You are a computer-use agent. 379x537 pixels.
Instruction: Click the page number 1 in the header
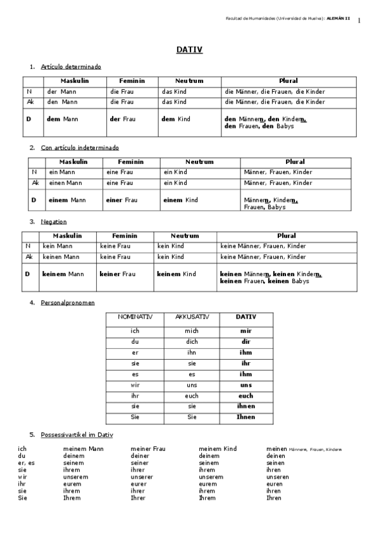(x=359, y=21)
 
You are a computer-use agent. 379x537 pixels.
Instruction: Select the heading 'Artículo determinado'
(x=70, y=66)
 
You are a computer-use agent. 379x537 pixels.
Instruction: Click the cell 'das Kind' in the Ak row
(x=174, y=102)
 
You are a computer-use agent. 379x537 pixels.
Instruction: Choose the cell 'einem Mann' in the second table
(x=67, y=200)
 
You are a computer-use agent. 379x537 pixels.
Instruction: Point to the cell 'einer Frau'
(x=121, y=200)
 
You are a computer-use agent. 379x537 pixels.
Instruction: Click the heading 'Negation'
(x=53, y=222)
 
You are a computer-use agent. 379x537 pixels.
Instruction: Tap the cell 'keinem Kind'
(x=177, y=274)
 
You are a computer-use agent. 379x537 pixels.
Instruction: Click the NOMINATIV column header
(x=134, y=317)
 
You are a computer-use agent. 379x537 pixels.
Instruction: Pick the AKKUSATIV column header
(x=191, y=317)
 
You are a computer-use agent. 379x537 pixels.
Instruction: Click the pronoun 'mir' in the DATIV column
(x=246, y=331)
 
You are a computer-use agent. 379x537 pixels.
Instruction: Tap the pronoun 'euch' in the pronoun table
(x=246, y=395)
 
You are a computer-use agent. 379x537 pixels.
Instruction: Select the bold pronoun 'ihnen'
(x=246, y=406)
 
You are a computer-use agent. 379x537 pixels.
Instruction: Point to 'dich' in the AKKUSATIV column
(x=191, y=341)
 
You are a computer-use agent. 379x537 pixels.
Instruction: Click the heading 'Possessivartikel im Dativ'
(x=77, y=435)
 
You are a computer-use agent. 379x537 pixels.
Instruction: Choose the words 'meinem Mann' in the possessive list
(x=83, y=449)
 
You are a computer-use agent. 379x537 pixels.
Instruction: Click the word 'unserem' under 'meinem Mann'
(x=76, y=477)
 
